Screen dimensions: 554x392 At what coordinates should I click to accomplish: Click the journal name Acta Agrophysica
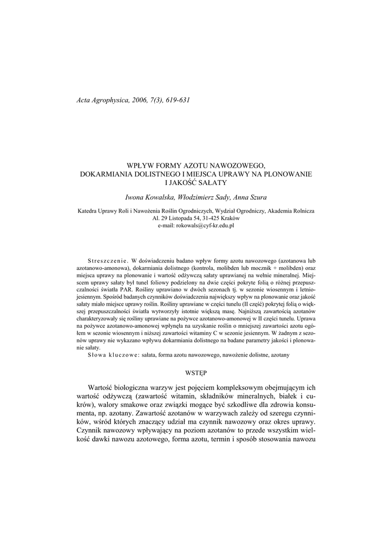coord(101,101)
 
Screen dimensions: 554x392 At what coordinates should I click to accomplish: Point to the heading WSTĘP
coord(195,373)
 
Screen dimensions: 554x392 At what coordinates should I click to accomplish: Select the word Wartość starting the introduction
coord(103,388)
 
